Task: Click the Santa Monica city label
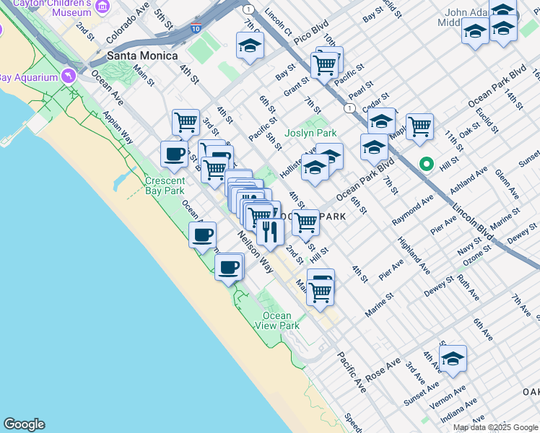pyautogui.click(x=142, y=56)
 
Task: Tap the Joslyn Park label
pyautogui.click(x=310, y=134)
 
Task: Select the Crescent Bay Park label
pyautogui.click(x=165, y=185)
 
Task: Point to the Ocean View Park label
pyautogui.click(x=277, y=320)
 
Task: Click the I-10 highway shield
pyautogui.click(x=196, y=29)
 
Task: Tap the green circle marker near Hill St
pyautogui.click(x=427, y=165)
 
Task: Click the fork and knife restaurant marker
pyautogui.click(x=270, y=231)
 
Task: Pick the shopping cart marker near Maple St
pyautogui.click(x=419, y=127)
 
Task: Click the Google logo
pyautogui.click(x=24, y=424)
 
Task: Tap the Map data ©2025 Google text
pyautogui.click(x=495, y=427)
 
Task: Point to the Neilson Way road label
pyautogui.click(x=256, y=253)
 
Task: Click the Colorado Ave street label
pyautogui.click(x=128, y=25)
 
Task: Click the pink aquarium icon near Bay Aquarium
pyautogui.click(x=69, y=75)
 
